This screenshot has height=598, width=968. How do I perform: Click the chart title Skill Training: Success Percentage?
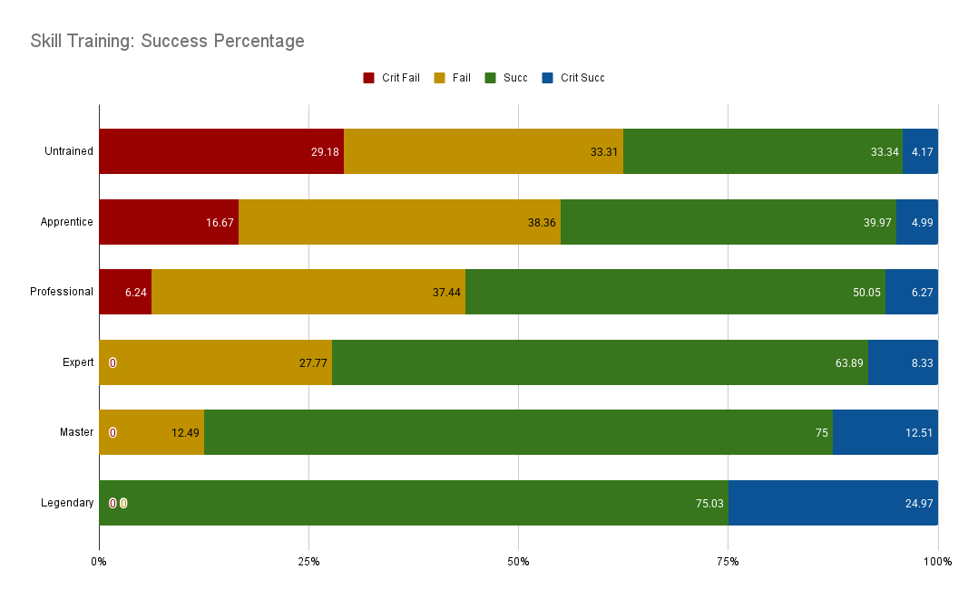tap(167, 41)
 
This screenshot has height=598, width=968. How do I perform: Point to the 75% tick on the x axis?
tap(728, 562)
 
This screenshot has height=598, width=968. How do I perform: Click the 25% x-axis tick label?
tap(308, 562)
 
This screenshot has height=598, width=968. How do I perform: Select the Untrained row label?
tap(69, 151)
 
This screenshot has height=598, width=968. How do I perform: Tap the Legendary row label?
tap(67, 503)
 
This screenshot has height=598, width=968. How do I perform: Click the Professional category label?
tap(62, 292)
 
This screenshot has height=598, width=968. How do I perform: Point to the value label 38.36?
tap(542, 222)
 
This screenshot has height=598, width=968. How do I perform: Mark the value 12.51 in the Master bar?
tap(919, 433)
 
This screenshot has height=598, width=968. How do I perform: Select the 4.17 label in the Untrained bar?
tap(923, 152)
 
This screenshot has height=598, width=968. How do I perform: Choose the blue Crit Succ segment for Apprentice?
tap(916, 222)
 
